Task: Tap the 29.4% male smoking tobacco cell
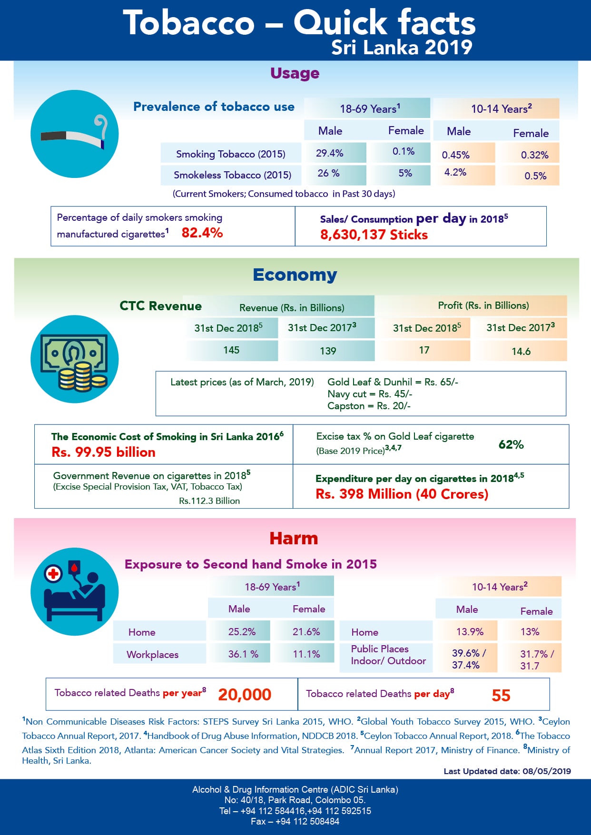click(335, 153)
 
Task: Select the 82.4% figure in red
click(202, 233)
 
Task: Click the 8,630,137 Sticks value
click(374, 235)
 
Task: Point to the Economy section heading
click(295, 275)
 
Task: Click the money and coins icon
click(75, 359)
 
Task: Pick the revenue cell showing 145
click(231, 350)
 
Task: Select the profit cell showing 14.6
click(521, 351)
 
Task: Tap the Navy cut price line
click(370, 394)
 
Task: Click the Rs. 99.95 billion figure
click(104, 452)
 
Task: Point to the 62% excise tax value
click(511, 444)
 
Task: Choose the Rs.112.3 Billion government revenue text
click(209, 501)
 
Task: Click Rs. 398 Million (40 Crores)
click(402, 494)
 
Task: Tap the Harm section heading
click(294, 538)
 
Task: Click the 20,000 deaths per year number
click(245, 695)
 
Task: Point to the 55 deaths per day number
click(501, 696)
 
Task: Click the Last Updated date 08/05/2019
click(507, 771)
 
